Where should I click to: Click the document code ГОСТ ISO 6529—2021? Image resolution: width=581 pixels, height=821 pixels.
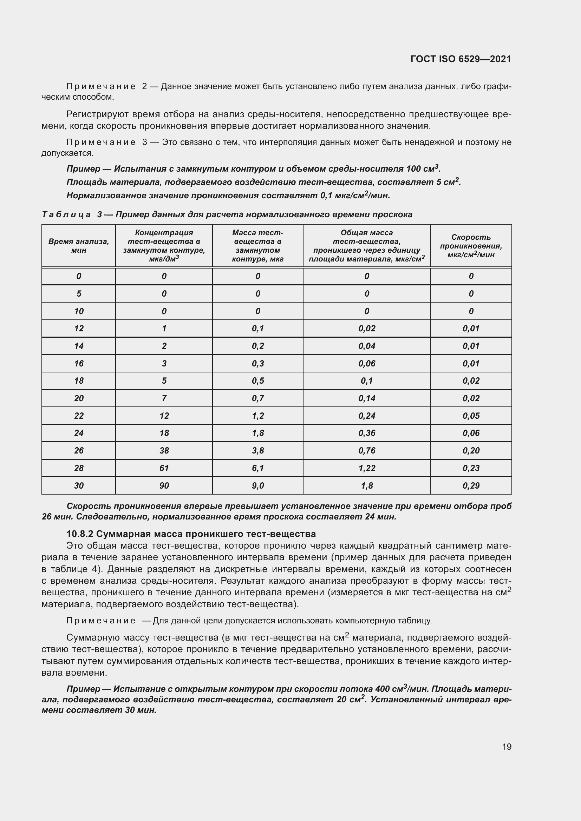[x=461, y=59]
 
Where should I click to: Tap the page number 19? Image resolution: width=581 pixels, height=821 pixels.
[x=507, y=747]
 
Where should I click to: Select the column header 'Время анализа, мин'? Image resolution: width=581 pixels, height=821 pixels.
[x=79, y=246]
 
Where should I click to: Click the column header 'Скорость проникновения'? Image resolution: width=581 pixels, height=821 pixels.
[x=471, y=246]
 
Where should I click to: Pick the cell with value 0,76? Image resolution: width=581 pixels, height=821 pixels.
[x=367, y=451]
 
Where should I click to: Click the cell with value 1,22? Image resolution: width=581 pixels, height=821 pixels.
[x=367, y=468]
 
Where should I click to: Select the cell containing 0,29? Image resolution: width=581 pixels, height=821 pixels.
[x=471, y=485]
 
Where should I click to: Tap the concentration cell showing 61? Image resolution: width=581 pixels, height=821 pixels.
[x=164, y=468]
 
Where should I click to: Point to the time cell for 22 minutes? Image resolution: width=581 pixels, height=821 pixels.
[x=79, y=416]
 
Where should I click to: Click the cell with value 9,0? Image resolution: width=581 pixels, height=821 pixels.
[x=257, y=485]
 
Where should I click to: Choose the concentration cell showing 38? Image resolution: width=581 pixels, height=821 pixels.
[x=164, y=451]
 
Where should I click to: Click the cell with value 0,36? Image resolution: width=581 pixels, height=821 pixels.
[x=367, y=433]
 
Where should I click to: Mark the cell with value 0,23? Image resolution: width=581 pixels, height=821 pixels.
[x=471, y=468]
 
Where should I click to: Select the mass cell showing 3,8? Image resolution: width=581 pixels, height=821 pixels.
[x=257, y=451]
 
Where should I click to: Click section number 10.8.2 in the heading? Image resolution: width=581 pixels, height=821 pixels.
[x=79, y=534]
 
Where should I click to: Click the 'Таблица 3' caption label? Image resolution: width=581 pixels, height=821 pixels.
[x=72, y=214]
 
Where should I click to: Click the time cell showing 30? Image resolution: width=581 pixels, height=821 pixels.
[x=79, y=485]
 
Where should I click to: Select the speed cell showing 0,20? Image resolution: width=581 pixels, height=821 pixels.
[x=471, y=451]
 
